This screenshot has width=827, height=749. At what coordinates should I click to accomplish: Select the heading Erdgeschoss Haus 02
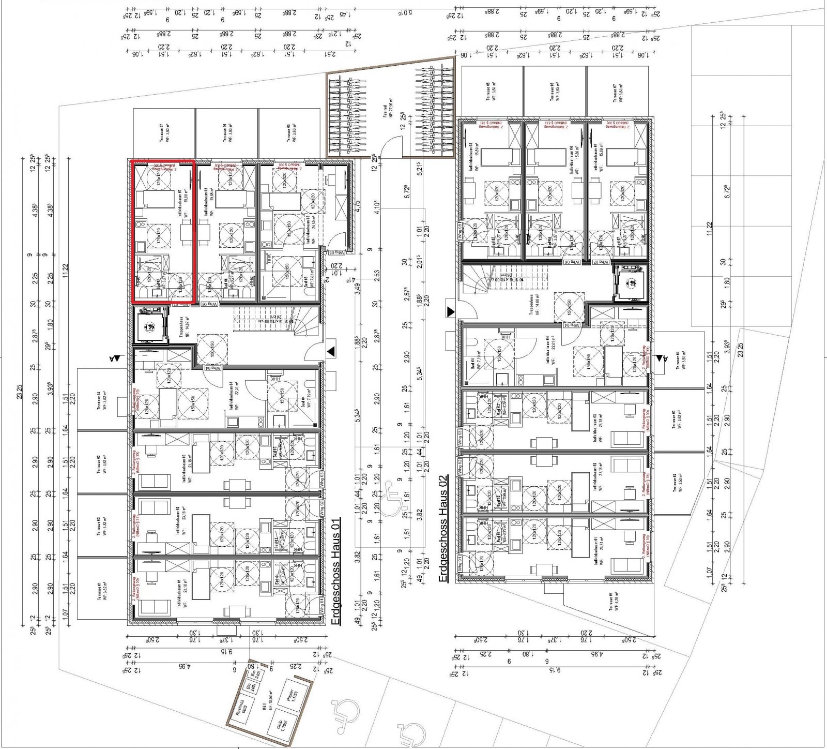tap(443, 527)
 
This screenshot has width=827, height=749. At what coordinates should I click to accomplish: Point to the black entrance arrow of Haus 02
tap(451, 311)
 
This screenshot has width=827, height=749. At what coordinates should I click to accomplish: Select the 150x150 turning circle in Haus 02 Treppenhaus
tap(569, 306)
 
